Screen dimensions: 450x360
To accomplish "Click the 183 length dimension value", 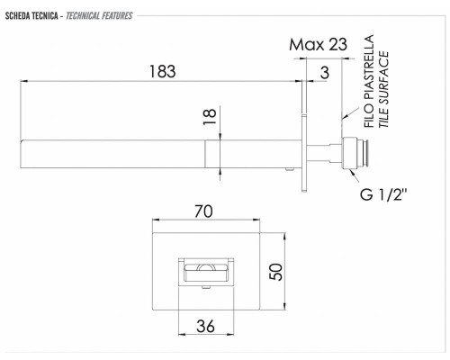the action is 162,71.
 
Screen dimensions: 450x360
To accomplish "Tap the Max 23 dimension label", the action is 318,44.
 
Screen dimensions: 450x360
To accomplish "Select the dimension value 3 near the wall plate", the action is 325,73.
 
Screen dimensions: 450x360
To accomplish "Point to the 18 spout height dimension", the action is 210,117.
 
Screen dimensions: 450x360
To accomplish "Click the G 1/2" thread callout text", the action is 383,194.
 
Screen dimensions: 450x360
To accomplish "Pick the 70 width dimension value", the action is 203,211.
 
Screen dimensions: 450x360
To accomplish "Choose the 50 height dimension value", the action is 275,272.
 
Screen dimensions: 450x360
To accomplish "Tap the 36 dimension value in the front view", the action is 205,326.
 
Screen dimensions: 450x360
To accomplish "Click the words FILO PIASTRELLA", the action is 369,81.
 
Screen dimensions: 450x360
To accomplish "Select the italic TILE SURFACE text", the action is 383,89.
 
